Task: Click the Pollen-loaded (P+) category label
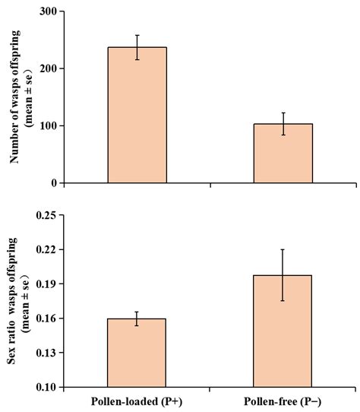(137, 401)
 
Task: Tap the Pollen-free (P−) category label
(283, 401)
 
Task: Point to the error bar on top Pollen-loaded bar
(137, 47)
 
